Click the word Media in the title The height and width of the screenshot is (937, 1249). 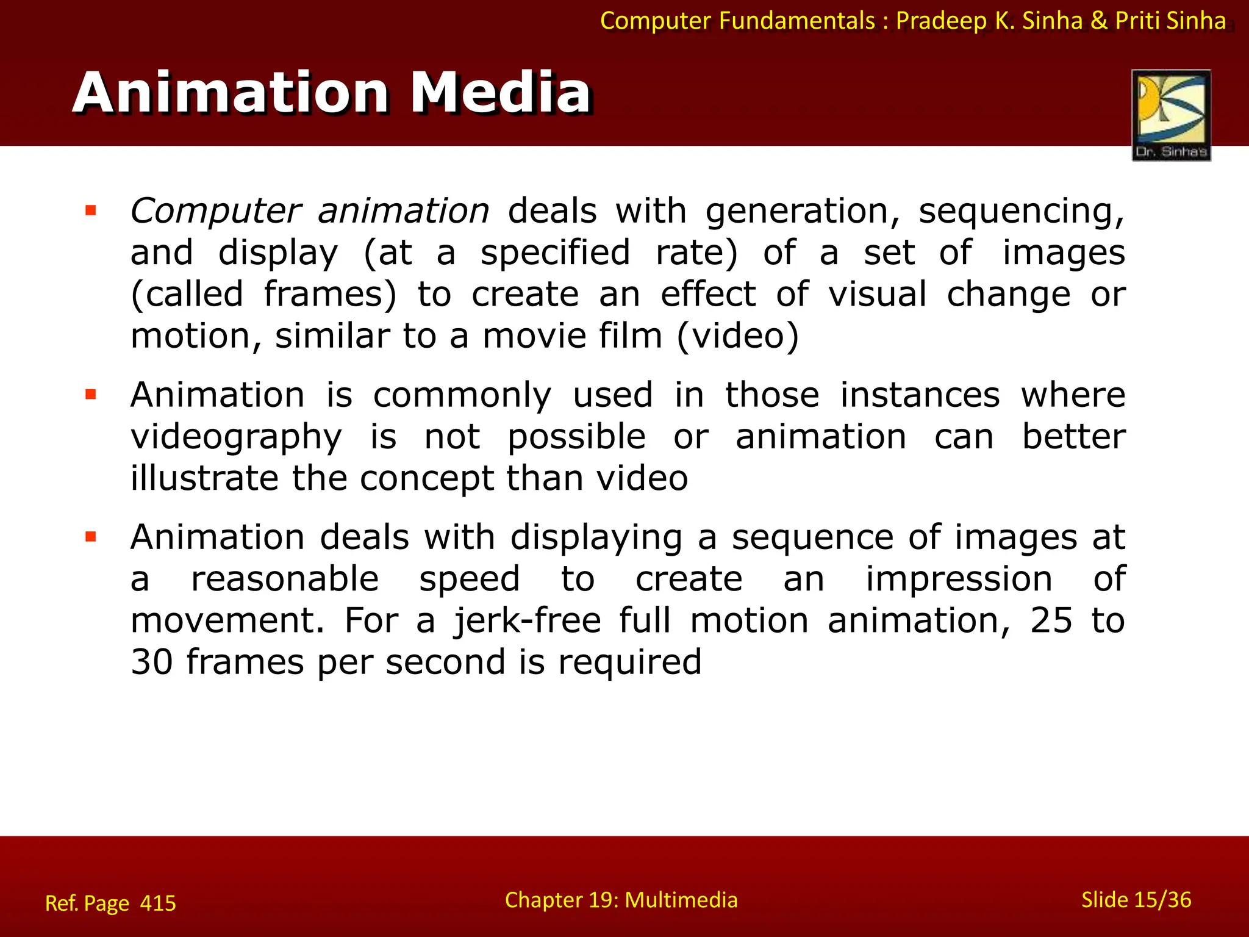click(x=500, y=93)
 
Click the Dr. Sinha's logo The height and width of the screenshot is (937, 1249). click(x=1171, y=115)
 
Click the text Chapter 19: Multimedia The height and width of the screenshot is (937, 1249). click(x=621, y=900)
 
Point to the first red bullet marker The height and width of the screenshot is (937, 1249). click(x=91, y=211)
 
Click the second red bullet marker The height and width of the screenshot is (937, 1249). click(x=91, y=395)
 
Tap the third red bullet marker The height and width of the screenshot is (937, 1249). click(x=91, y=537)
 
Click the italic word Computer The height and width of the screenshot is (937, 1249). click(x=215, y=212)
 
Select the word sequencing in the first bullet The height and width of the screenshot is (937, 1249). click(x=1021, y=212)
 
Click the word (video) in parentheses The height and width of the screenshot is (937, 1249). click(x=737, y=336)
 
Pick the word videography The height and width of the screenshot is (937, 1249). click(x=236, y=437)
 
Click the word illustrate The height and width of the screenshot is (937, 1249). click(x=205, y=478)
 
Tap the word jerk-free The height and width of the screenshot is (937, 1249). click(x=527, y=620)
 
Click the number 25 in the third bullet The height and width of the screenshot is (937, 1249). click(x=1051, y=620)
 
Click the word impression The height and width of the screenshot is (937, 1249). click(x=959, y=579)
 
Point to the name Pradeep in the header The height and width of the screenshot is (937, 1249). click(x=941, y=21)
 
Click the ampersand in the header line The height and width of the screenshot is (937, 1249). click(x=1098, y=21)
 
